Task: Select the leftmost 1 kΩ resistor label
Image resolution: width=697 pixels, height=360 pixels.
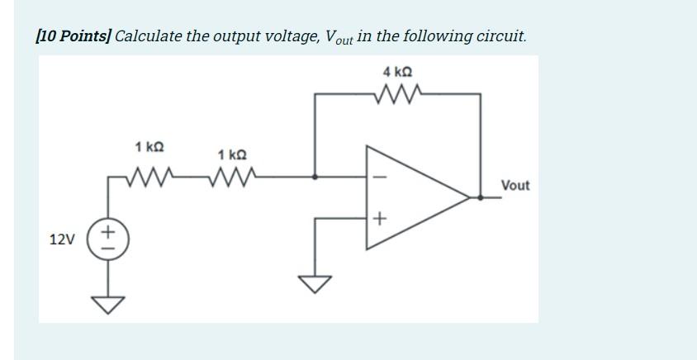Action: [149, 146]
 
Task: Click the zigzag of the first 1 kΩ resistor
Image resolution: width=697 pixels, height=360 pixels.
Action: [149, 175]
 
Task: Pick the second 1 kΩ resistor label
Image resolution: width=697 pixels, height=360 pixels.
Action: [232, 154]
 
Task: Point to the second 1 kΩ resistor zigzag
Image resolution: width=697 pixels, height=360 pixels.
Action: [232, 175]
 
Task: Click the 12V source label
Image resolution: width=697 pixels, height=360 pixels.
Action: [61, 239]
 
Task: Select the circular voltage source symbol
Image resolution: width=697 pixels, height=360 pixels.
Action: [108, 239]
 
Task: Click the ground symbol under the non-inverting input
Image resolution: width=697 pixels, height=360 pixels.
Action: [315, 283]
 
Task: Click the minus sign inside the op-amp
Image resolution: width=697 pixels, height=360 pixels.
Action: [379, 177]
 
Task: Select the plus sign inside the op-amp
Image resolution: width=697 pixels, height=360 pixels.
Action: [379, 219]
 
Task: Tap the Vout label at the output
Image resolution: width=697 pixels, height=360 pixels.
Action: [515, 186]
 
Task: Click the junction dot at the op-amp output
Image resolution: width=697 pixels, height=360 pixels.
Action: [481, 197]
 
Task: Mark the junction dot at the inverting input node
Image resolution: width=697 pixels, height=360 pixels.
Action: [315, 176]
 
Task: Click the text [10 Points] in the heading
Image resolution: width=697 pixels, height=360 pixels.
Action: [73, 36]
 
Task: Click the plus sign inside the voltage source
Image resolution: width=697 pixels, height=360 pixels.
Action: [108, 232]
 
